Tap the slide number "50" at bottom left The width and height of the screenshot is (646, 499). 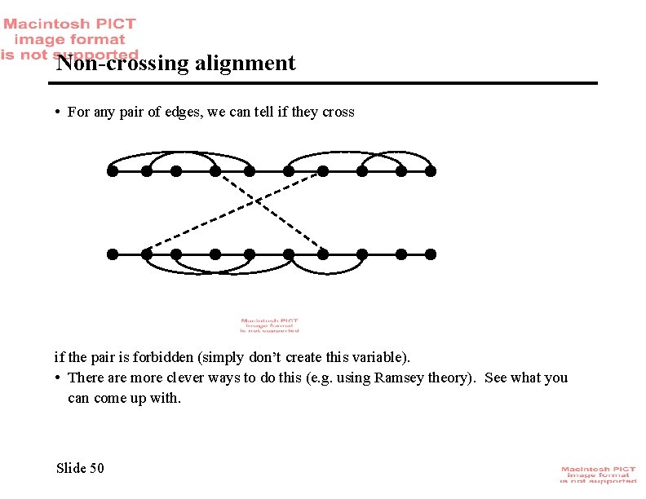pos(97,467)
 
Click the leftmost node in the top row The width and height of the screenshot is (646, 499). pos(113,171)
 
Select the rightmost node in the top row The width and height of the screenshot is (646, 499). pos(431,171)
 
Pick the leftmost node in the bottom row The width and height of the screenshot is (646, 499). pos(113,254)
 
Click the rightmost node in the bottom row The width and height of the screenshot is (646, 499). pos(431,254)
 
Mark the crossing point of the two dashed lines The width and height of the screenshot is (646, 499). pos(258,200)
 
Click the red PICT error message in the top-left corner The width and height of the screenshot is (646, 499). pos(69,38)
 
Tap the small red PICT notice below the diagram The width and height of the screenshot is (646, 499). pos(269,325)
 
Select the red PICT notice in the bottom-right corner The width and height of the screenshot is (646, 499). pos(598,475)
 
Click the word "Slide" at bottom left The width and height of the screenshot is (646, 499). pos(71,467)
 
